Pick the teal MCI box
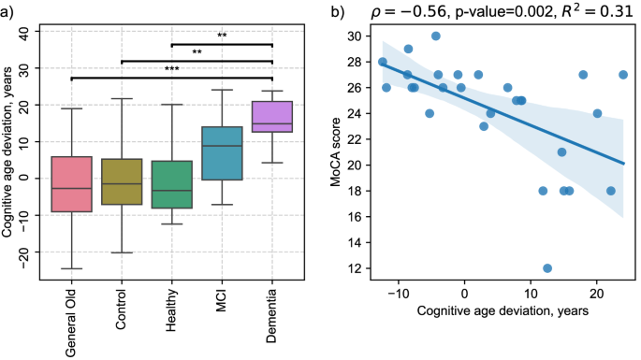pos(222,153)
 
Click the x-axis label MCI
pos(222,298)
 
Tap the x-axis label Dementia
pos(271,309)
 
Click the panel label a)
pos(10,12)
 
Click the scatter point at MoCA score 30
pos(436,36)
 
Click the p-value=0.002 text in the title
pos(502,12)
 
